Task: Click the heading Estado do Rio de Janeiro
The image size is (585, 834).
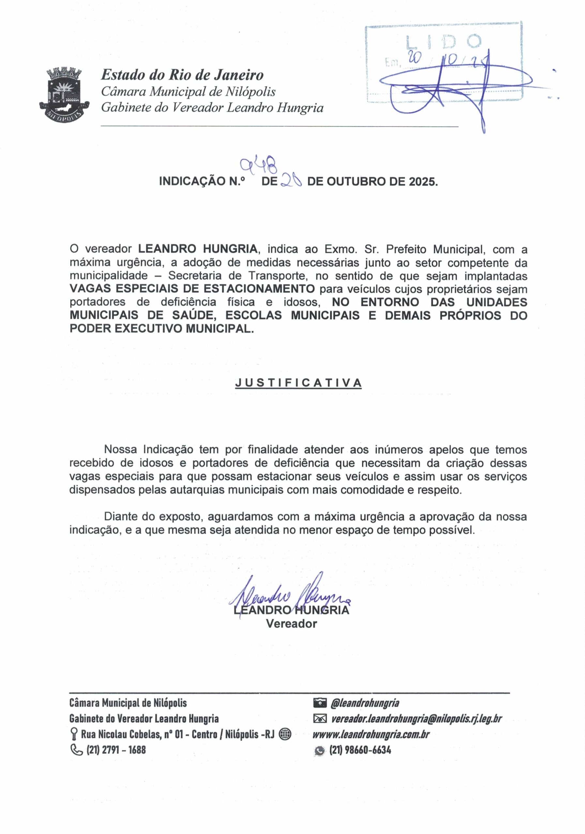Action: point(182,75)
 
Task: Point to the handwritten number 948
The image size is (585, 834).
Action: point(259,165)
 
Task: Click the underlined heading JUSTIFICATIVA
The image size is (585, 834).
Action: point(298,383)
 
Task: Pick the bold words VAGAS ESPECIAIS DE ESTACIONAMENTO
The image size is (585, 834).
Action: point(192,289)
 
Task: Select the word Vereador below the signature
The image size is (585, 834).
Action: point(291,624)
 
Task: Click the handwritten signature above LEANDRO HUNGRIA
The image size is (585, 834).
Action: point(287,595)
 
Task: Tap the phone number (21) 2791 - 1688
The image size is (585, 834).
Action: point(116,749)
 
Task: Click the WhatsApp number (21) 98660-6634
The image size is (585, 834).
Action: point(360,750)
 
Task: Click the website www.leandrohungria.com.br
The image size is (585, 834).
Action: point(371,734)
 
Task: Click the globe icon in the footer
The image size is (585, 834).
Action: point(285,734)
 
